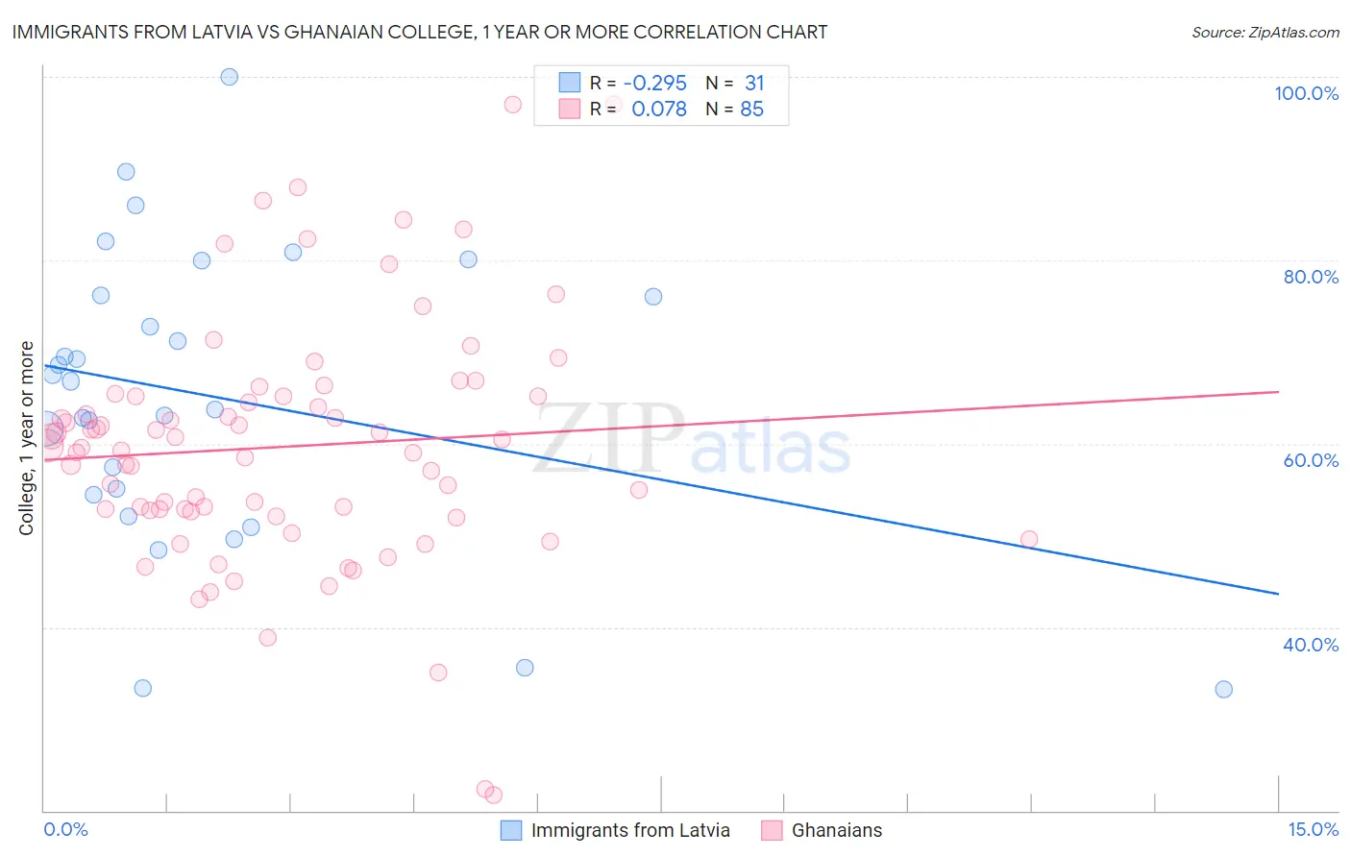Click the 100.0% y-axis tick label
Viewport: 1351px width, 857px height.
point(1306,93)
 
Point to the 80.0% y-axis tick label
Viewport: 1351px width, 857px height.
point(1311,277)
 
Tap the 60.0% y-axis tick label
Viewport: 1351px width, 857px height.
point(1311,460)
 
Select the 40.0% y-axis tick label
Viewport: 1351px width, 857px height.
point(1311,645)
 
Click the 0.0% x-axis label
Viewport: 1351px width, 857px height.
point(65,829)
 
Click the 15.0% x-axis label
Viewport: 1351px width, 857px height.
point(1313,829)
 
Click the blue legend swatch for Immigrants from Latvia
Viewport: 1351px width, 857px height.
point(511,830)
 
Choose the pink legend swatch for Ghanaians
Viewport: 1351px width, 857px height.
point(772,830)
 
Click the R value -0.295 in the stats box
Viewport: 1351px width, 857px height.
point(654,84)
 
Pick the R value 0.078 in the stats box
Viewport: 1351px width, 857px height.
point(659,110)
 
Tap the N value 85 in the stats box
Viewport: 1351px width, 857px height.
point(751,110)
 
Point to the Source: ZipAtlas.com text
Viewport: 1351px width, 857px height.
point(1265,33)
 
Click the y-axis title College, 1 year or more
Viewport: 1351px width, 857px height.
point(27,438)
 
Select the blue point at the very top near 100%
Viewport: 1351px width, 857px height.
point(229,77)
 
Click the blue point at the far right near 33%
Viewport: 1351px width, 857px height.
point(1223,689)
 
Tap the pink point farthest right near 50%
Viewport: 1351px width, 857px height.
point(1029,539)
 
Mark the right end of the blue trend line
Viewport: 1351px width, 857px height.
point(1278,594)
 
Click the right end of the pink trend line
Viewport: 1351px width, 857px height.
point(1278,392)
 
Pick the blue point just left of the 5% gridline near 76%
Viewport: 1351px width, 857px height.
point(653,297)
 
